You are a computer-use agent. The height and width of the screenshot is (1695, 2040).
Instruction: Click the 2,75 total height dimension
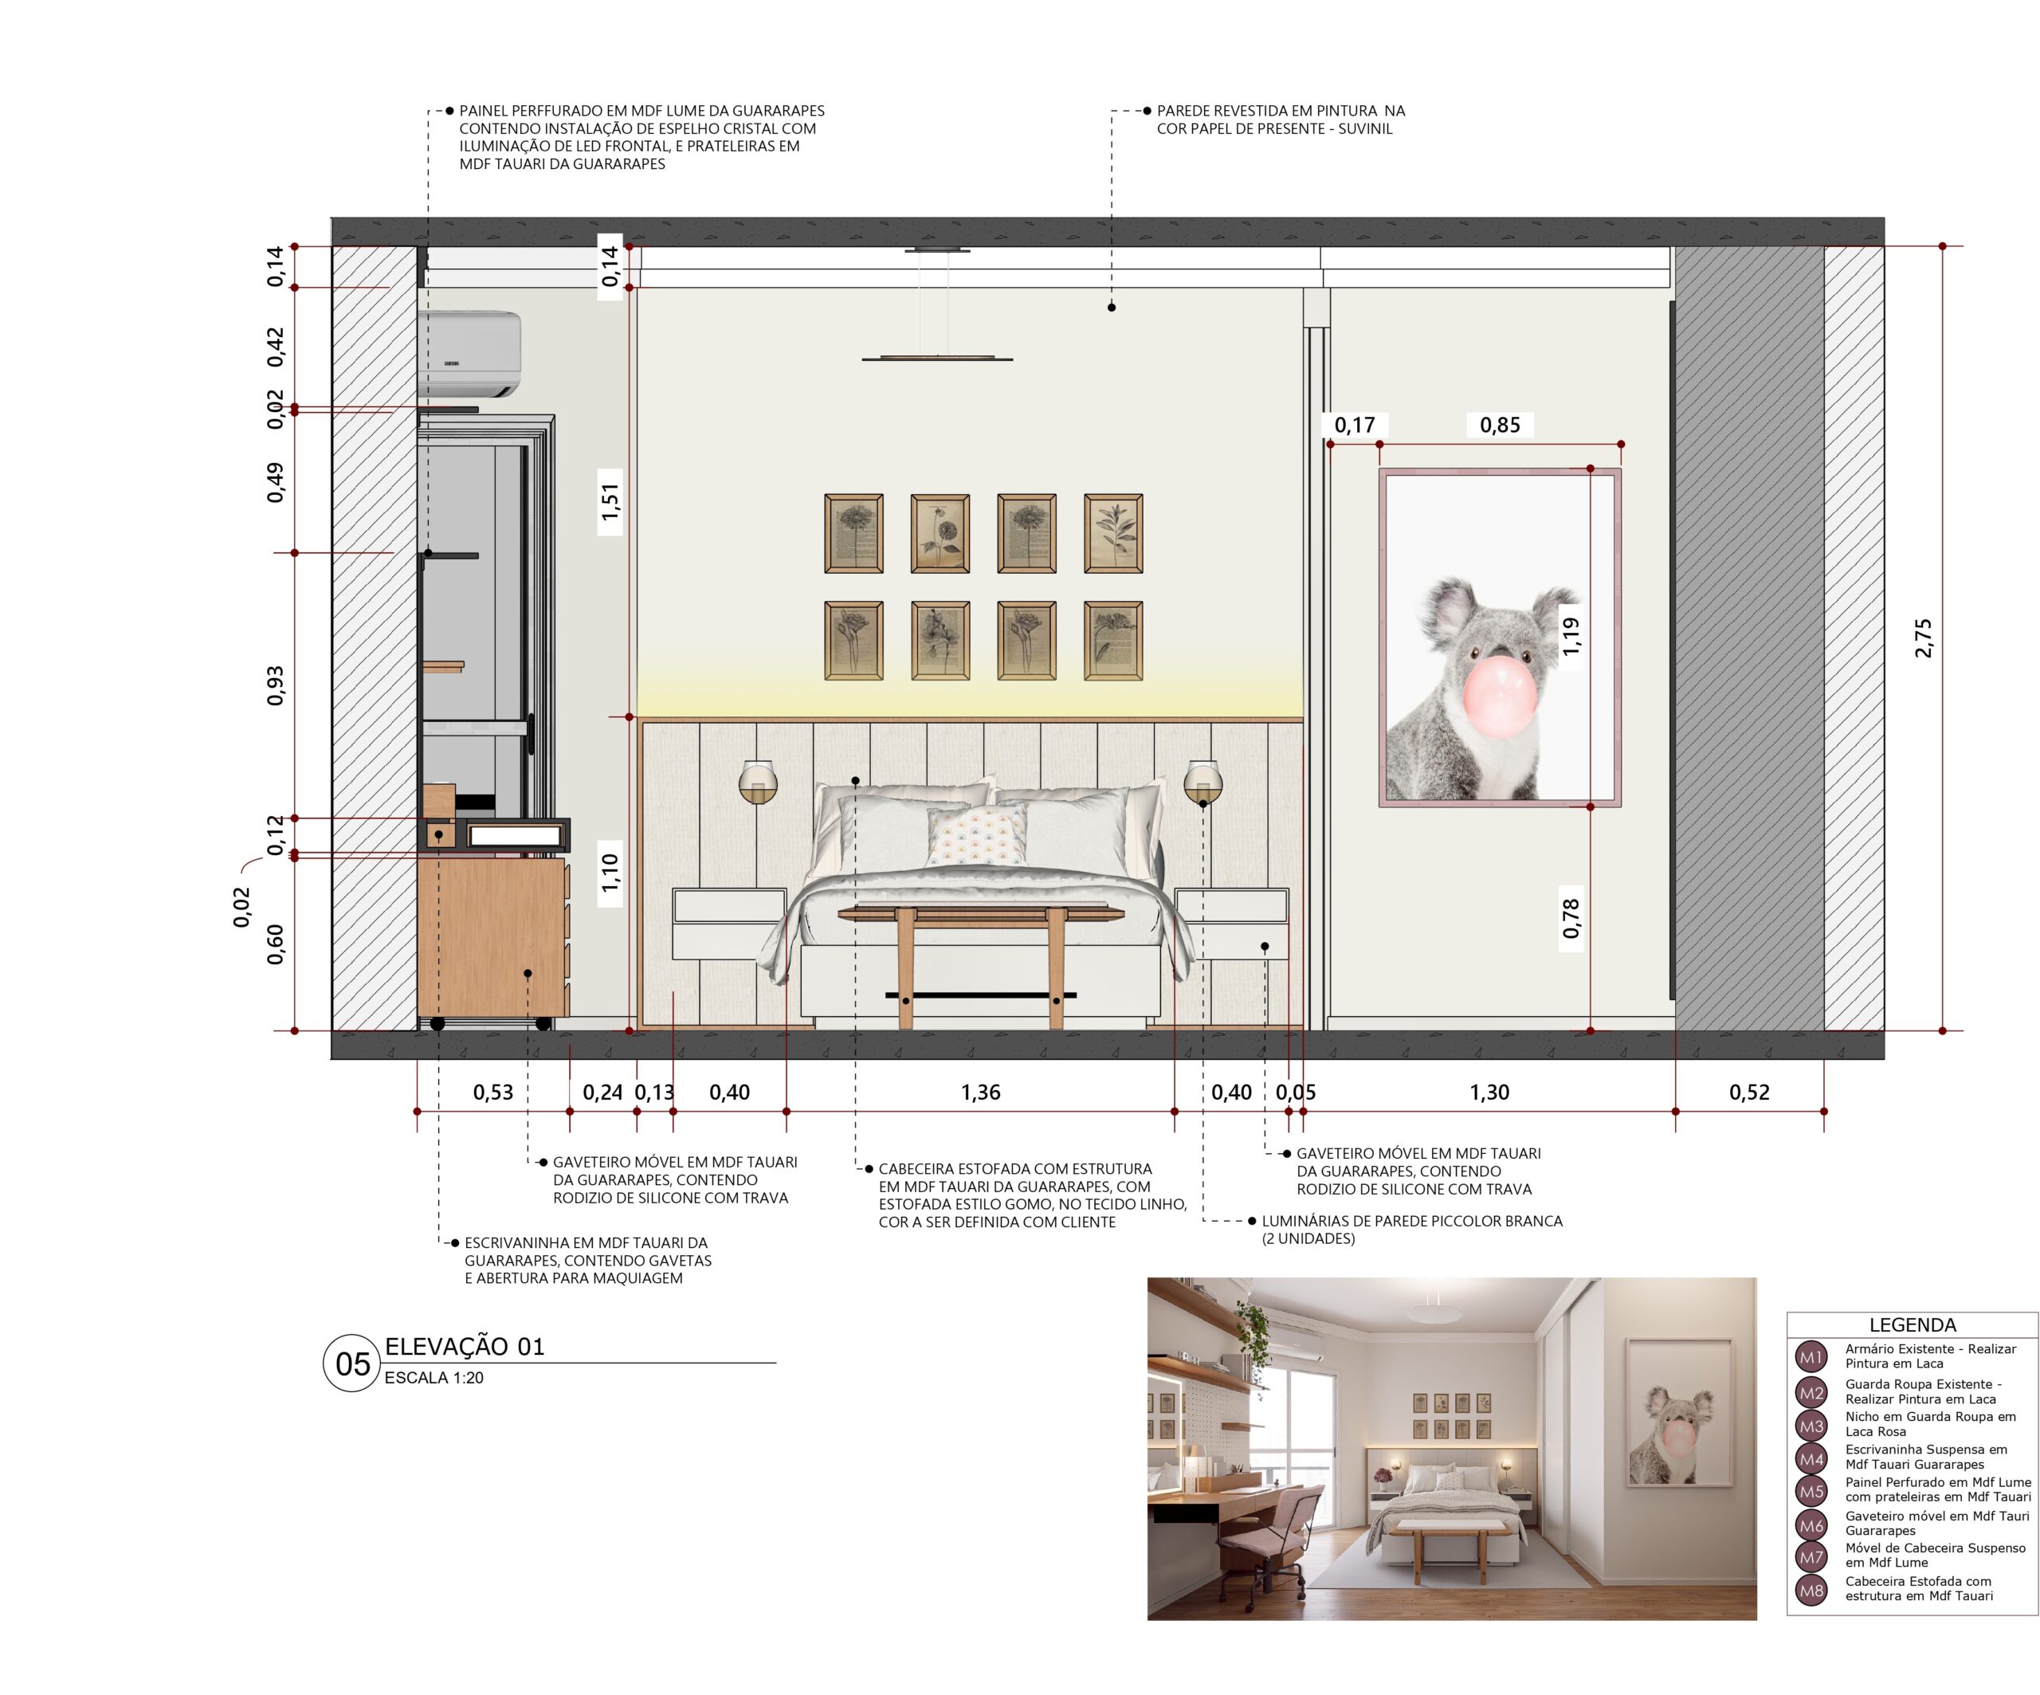1924,638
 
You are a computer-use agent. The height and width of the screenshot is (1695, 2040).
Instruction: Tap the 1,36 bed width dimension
980,1092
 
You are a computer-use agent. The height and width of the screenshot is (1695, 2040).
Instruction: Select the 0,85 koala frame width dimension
1500,425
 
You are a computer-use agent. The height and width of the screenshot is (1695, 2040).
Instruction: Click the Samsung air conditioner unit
469,354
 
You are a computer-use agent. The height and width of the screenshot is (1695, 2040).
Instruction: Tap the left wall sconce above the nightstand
757,782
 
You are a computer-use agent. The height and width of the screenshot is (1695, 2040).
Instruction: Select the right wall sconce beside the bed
1202,782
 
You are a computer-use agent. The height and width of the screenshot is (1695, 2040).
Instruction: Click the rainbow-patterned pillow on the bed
977,835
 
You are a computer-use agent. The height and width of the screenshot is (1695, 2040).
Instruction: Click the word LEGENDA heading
1912,1325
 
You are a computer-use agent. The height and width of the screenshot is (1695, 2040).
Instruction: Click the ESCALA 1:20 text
434,1377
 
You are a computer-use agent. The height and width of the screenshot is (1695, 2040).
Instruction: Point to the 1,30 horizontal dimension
1489,1092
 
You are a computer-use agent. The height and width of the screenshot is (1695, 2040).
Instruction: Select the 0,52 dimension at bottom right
1750,1092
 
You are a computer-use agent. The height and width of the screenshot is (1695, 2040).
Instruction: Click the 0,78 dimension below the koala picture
1571,919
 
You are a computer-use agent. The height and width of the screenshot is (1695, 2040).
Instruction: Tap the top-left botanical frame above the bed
854,533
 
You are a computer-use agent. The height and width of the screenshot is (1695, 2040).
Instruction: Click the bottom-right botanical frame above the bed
1113,640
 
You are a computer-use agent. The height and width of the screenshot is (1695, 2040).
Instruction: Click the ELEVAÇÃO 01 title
465,1346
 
